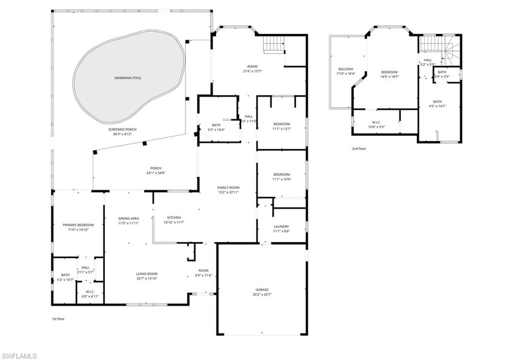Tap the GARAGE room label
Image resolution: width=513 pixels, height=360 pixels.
(262, 290)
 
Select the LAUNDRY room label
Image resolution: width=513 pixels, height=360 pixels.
(281, 227)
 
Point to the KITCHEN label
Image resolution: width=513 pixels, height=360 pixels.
(173, 218)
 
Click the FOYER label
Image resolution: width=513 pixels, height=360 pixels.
(203, 271)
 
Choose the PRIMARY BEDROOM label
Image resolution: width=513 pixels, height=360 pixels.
(78, 225)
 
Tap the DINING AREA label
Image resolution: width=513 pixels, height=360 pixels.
(128, 218)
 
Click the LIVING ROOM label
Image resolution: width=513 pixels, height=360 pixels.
(147, 274)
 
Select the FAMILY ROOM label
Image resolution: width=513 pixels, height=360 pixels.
(228, 187)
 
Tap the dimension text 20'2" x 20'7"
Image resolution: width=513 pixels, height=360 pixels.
(262, 295)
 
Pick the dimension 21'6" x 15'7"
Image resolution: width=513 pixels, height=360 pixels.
(252, 71)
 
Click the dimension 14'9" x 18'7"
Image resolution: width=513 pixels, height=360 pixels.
(389, 77)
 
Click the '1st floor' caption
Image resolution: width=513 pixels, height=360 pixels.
(58, 319)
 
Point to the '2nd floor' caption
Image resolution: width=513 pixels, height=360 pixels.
(359, 148)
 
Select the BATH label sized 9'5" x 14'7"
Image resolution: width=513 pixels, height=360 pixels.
(437, 101)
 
